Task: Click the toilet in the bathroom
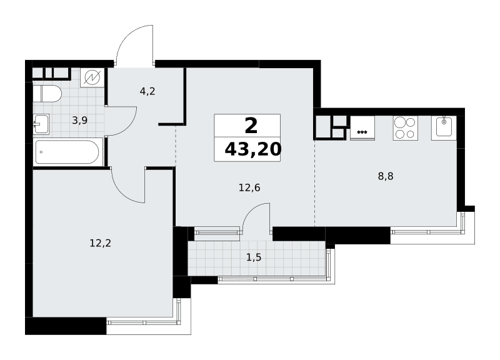click(47, 94)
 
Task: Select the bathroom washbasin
click(41, 124)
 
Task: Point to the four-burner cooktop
click(405, 128)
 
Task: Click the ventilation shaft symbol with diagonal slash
click(92, 77)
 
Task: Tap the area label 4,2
click(147, 91)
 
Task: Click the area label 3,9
click(80, 120)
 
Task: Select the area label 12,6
click(249, 187)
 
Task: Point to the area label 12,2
click(101, 244)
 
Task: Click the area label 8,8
click(386, 176)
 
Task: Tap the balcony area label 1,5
click(254, 257)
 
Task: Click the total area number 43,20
click(253, 149)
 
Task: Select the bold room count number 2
click(251, 126)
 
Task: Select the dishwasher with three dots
click(362, 128)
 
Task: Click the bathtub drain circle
click(41, 152)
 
